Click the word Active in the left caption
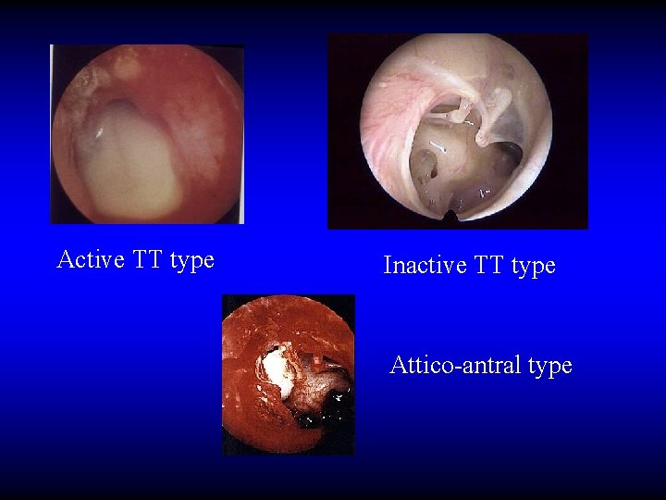point(91,260)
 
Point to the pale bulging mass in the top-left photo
point(129,157)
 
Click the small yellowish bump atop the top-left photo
point(124,65)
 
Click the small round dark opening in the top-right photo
point(426,166)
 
